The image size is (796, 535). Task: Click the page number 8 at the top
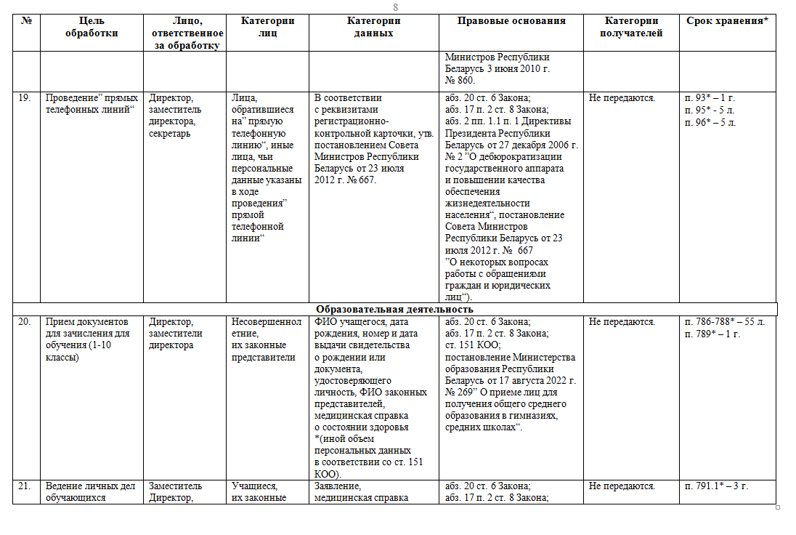(x=396, y=7)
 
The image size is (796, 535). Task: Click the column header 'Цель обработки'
(x=92, y=27)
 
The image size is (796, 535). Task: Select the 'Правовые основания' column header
(x=511, y=21)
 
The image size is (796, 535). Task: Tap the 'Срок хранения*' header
(x=727, y=21)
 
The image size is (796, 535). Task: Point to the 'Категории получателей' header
(x=631, y=27)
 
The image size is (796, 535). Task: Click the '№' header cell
(x=27, y=21)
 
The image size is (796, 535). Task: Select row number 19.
(x=24, y=97)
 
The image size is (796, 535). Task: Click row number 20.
(x=24, y=321)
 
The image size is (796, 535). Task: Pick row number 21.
(x=24, y=486)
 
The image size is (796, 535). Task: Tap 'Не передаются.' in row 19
(x=622, y=97)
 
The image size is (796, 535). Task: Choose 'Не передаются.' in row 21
(x=622, y=486)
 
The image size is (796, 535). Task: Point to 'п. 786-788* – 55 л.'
(x=724, y=321)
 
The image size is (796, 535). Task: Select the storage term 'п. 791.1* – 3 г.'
(x=717, y=486)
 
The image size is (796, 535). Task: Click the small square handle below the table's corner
(x=778, y=507)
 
